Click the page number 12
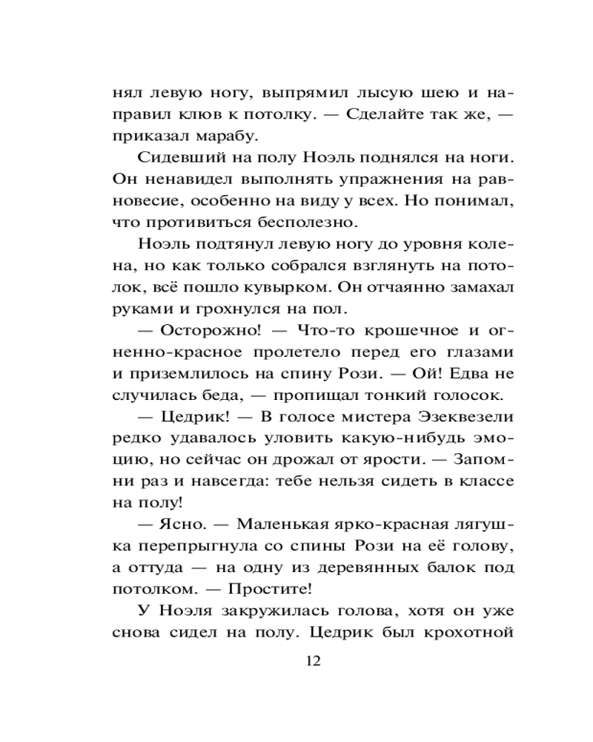click(312, 661)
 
